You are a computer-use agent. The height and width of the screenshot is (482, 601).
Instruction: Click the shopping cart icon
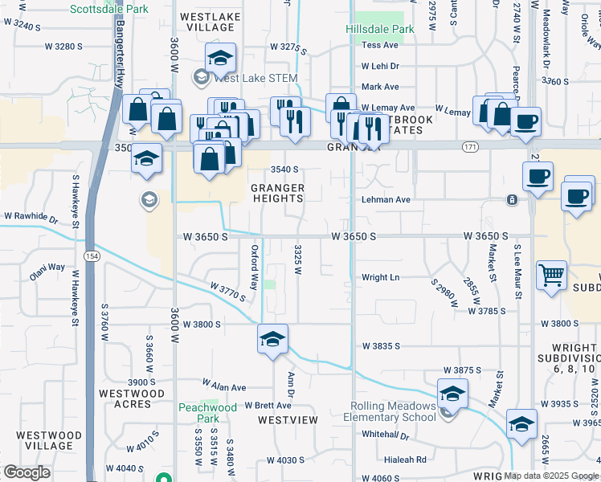pyautogui.click(x=552, y=276)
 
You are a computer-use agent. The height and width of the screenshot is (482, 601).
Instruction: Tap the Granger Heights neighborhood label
pyautogui.click(x=278, y=194)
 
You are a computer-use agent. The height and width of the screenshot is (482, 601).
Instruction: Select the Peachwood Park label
pyautogui.click(x=208, y=413)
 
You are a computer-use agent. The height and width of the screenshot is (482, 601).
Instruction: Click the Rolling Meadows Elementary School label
pyautogui.click(x=390, y=411)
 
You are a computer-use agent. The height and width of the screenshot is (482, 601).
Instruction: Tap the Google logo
pyautogui.click(x=27, y=472)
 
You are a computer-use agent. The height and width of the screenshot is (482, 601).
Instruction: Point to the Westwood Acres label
pyautogui.click(x=131, y=399)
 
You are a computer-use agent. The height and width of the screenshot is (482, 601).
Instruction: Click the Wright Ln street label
pyautogui.click(x=381, y=277)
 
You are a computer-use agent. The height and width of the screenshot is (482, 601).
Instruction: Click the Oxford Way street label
pyautogui.click(x=255, y=268)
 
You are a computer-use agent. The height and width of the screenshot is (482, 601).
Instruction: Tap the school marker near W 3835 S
pyautogui.click(x=272, y=339)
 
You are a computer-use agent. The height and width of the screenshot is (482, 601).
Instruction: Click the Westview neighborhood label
pyautogui.click(x=288, y=420)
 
